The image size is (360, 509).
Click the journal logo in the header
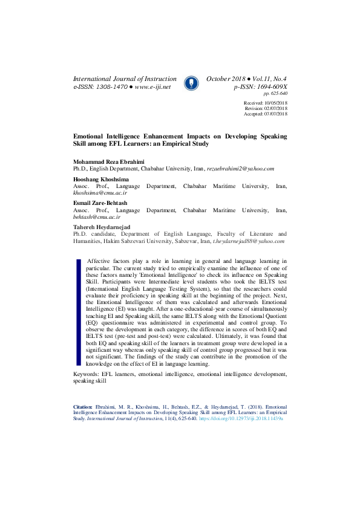click(x=191, y=82)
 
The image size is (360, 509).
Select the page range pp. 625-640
click(x=275, y=94)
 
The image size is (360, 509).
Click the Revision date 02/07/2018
click(x=275, y=108)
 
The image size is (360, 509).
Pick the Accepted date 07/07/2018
click(x=275, y=114)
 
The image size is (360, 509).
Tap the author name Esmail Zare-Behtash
click(x=101, y=203)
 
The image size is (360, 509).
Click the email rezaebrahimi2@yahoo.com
click(x=241, y=169)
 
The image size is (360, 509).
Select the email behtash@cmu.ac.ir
click(x=97, y=216)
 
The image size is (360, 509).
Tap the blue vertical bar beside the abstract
click(x=79, y=312)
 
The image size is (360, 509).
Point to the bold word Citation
click(x=83, y=407)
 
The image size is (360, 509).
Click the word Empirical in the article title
click(x=174, y=144)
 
